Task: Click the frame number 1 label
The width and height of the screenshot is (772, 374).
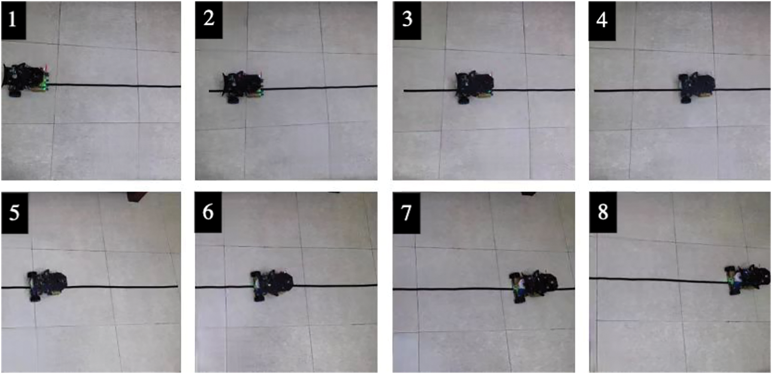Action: (x=13, y=20)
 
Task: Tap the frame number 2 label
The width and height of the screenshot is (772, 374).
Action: (x=209, y=20)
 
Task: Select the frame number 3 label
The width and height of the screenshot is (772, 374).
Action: (x=407, y=20)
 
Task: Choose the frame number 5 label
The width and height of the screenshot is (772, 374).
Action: (x=15, y=213)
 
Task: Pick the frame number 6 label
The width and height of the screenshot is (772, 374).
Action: (x=208, y=212)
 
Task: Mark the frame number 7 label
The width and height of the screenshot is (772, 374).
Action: (x=406, y=213)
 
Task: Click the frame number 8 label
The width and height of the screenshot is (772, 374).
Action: (x=603, y=213)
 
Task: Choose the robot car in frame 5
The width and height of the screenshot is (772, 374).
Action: (x=47, y=285)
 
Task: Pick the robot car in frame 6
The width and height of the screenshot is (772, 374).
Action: (x=271, y=285)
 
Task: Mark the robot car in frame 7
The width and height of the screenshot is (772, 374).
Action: (x=533, y=287)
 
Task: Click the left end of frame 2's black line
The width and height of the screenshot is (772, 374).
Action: (x=209, y=91)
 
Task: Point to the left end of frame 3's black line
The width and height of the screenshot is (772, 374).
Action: (x=404, y=91)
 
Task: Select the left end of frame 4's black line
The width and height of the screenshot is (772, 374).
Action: (x=595, y=91)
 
